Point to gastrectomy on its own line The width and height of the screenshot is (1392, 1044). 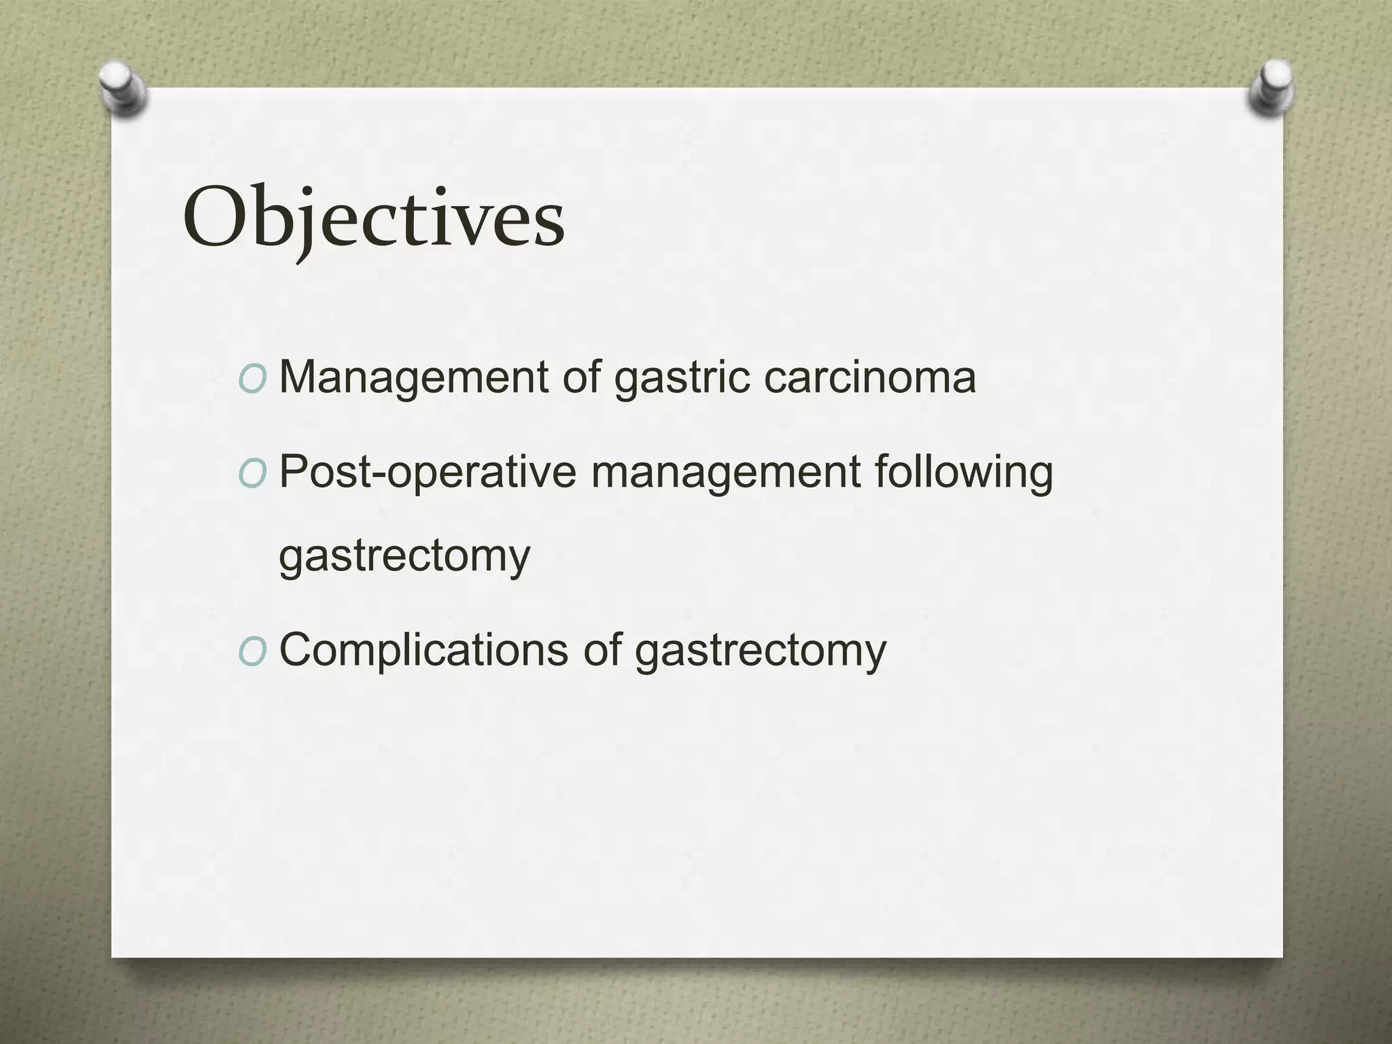click(x=404, y=557)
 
